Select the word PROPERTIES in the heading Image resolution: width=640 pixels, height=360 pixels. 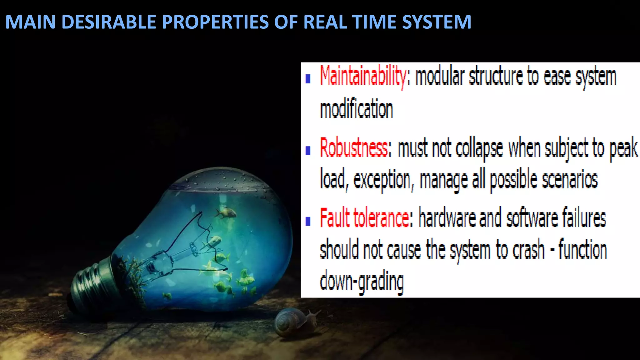(215, 22)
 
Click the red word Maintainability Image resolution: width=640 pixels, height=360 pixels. (363, 77)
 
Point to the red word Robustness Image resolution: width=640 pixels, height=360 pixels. (353, 148)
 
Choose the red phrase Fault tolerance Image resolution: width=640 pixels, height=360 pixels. (364, 218)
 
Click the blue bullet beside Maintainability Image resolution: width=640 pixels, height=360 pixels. (308, 79)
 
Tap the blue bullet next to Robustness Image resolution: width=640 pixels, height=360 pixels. (308, 151)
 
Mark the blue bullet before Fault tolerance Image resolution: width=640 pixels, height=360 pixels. (308, 221)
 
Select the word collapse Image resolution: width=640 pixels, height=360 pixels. (479, 148)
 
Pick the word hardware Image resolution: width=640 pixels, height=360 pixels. (447, 218)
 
